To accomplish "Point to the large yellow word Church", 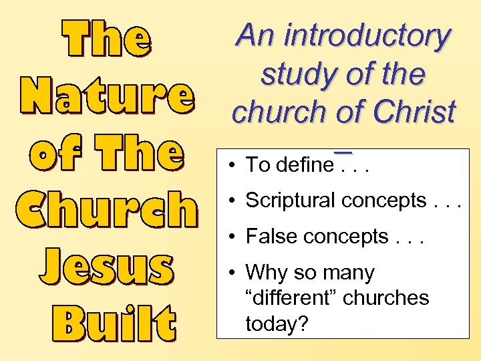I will tap(107, 210).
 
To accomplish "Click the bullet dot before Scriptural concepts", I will tap(229, 201).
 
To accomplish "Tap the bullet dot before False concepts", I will tap(229, 237).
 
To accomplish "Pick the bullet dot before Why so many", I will tap(229, 273).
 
